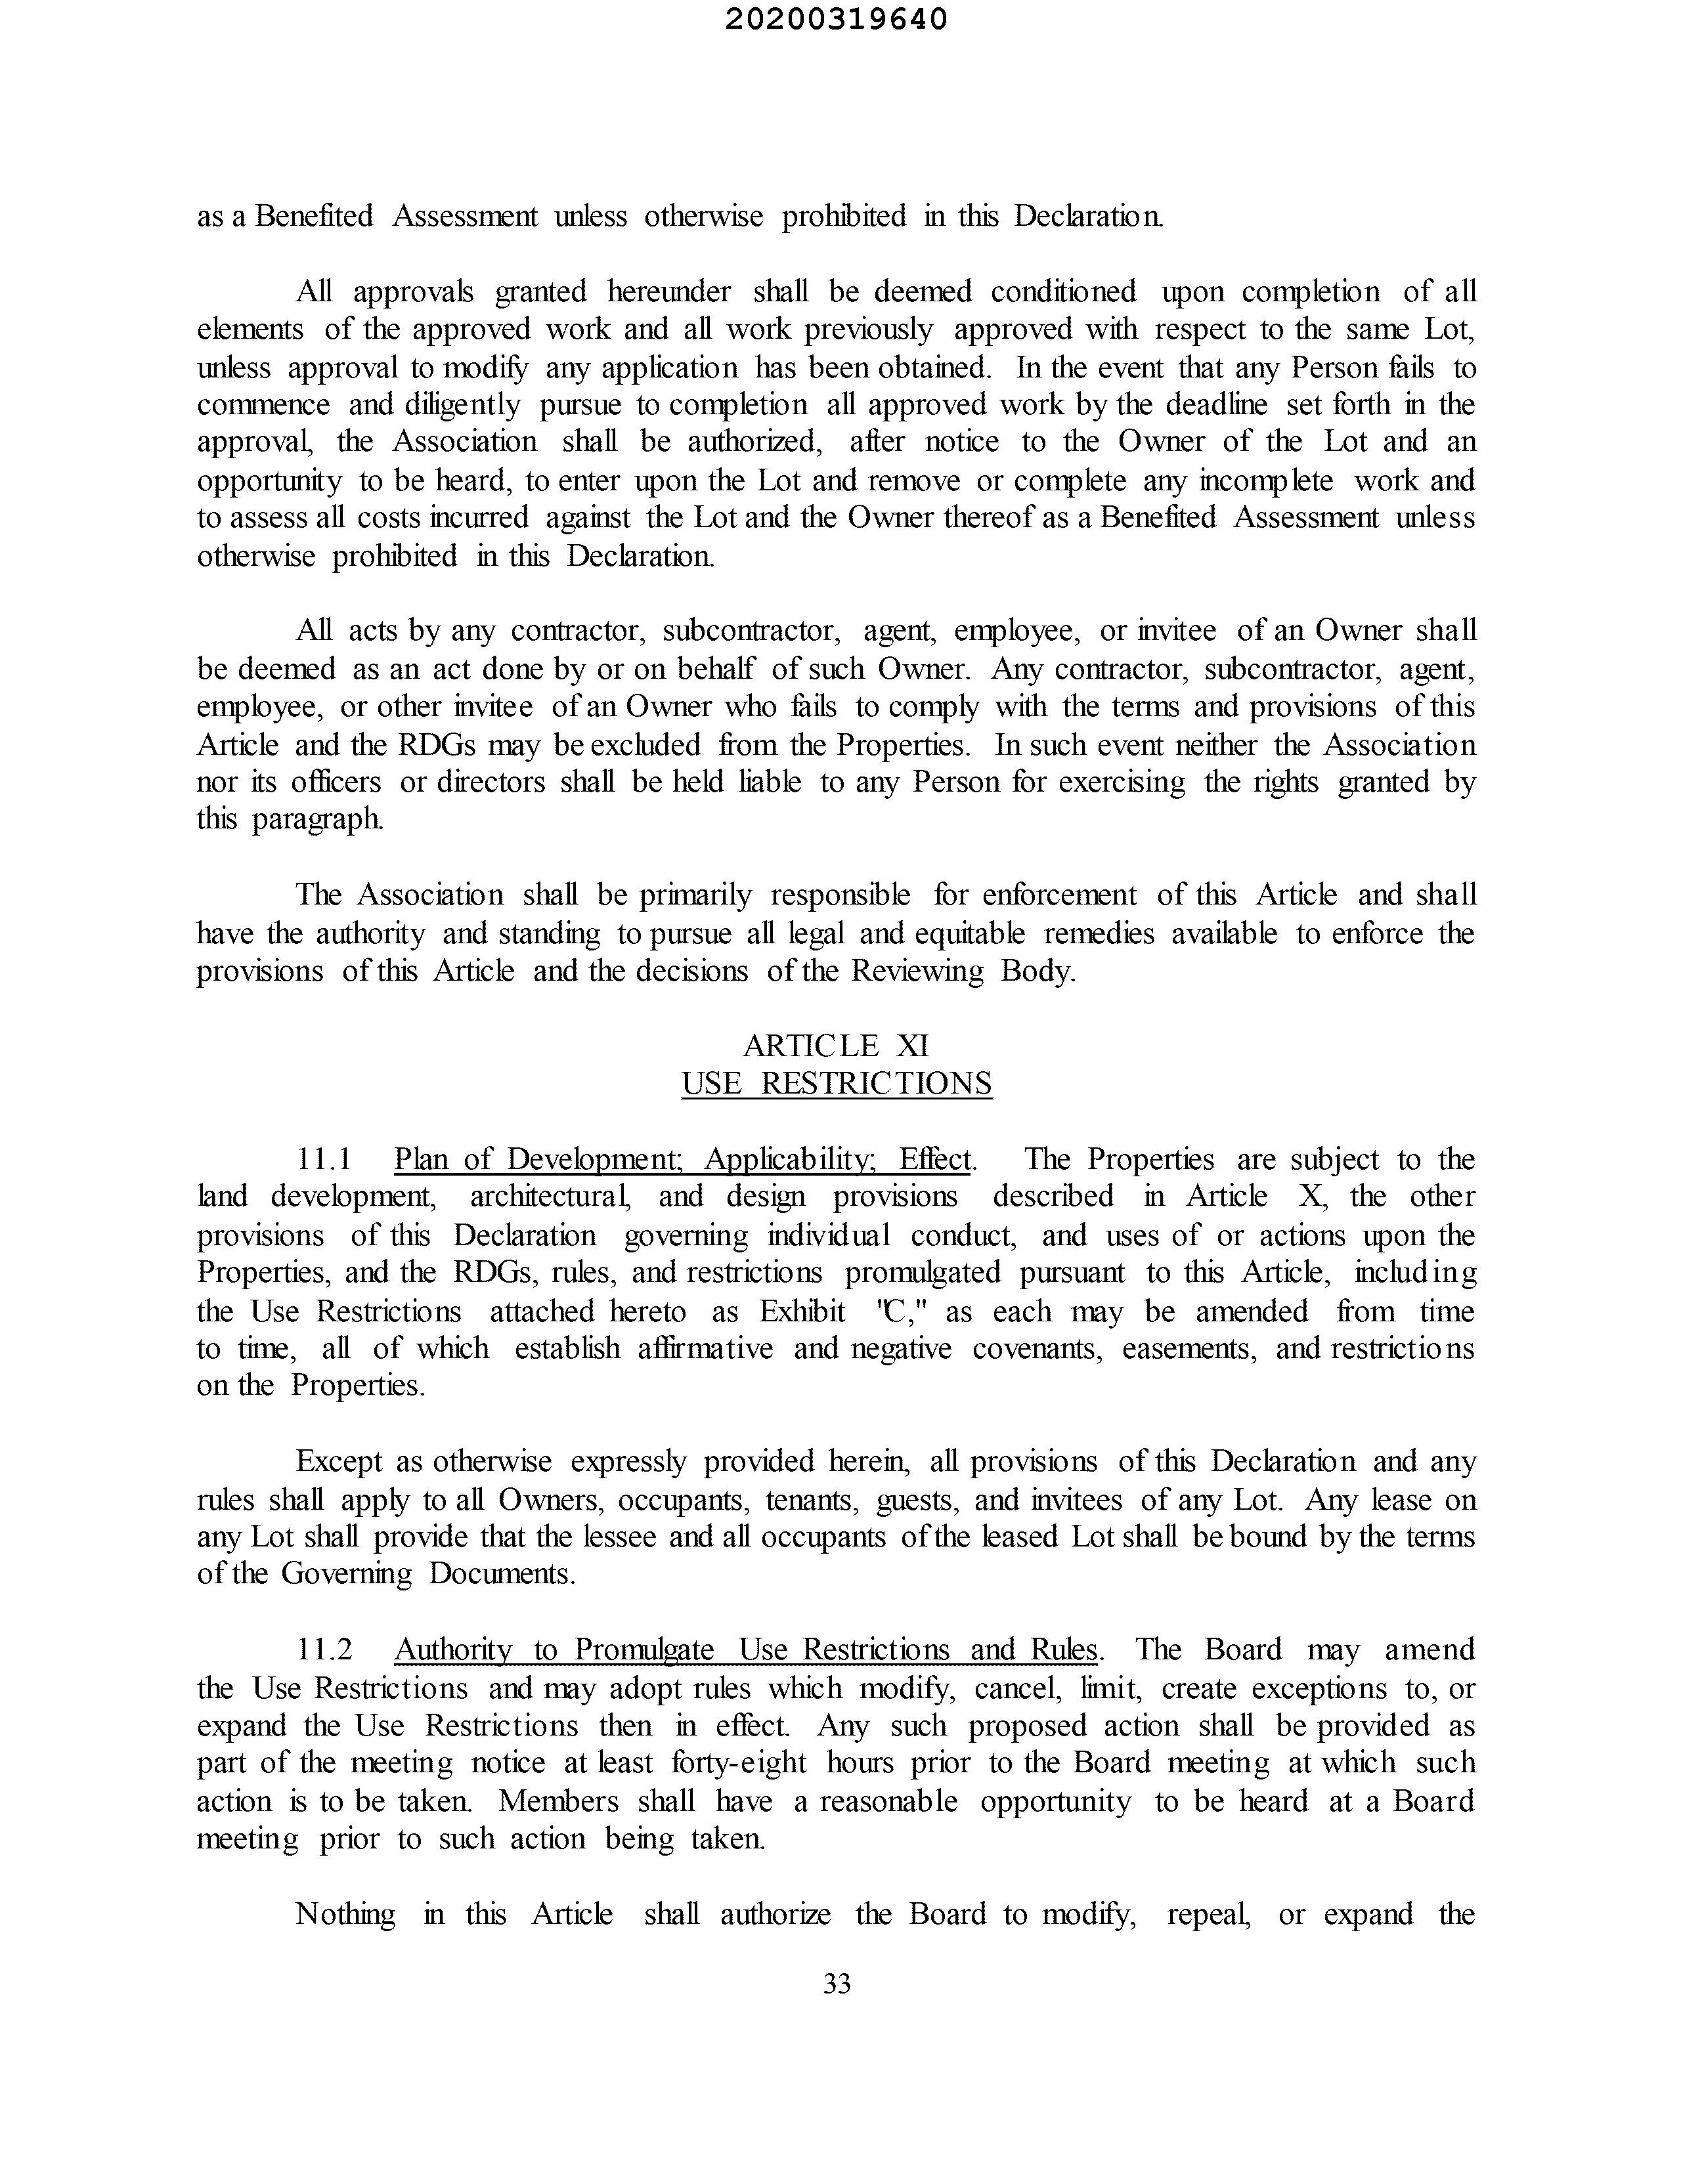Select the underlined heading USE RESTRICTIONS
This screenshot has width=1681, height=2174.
[837, 1083]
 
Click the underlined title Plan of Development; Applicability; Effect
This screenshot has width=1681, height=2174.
[683, 1159]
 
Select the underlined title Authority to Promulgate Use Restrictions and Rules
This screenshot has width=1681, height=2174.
[746, 1650]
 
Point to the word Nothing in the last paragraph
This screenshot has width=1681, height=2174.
[345, 1914]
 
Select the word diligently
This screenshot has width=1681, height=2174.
[462, 405]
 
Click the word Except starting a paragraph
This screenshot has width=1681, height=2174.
[339, 1461]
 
